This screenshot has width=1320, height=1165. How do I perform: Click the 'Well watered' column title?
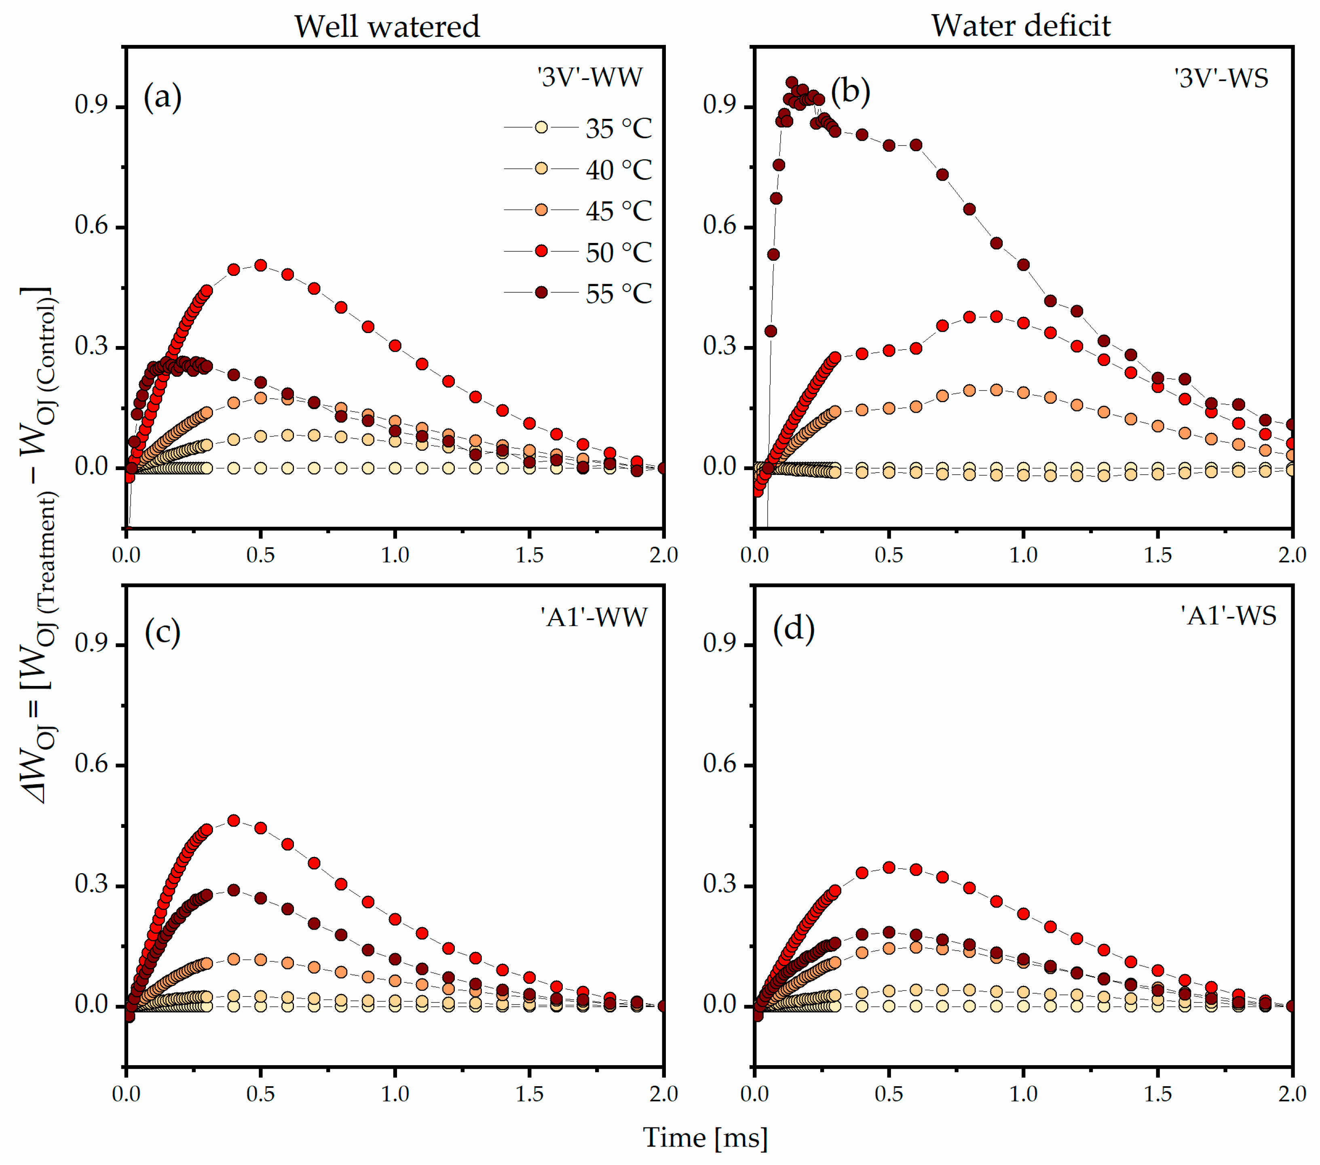point(387,27)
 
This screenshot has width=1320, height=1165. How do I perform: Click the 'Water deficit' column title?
point(1020,26)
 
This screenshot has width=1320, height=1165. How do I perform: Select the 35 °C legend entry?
point(578,128)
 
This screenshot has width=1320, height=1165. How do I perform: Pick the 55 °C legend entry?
point(578,293)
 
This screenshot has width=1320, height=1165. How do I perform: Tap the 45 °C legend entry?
point(578,211)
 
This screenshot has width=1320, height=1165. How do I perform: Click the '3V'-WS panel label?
point(1221,78)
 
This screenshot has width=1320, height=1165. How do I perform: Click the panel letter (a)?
point(163,98)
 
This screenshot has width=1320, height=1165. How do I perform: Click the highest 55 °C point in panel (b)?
point(792,82)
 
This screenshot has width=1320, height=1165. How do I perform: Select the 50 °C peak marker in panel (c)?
point(234,821)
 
